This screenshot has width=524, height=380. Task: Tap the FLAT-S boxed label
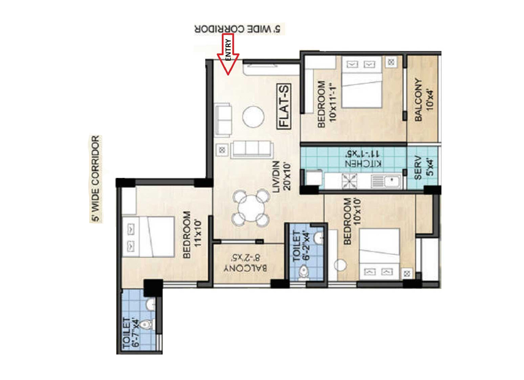284,106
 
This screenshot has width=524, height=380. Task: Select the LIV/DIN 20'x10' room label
282,177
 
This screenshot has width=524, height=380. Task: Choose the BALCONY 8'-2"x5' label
245,263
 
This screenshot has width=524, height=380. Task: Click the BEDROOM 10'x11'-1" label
326,104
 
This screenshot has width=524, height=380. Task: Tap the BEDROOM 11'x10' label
192,234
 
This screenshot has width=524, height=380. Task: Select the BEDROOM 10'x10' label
352,221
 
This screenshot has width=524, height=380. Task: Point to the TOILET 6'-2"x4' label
301,246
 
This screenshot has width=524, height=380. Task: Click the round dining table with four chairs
251,208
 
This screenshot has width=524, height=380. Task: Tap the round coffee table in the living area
253,117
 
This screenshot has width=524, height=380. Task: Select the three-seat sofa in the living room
251,149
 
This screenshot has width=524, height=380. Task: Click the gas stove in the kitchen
349,181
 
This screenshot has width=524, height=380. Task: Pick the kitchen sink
386,182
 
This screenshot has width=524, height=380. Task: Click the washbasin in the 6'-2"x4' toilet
319,237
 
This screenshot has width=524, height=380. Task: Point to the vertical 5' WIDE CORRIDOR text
96,179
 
